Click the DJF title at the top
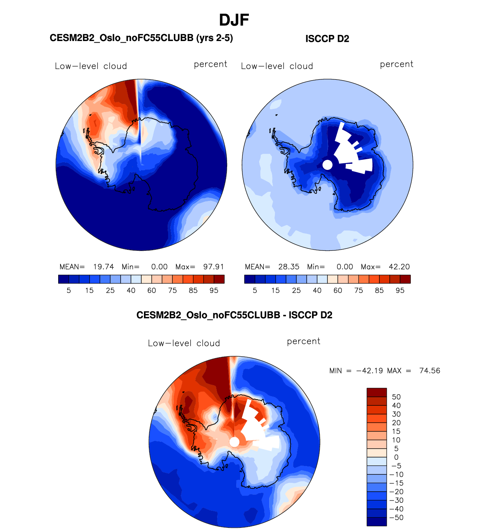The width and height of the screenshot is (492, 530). point(234,20)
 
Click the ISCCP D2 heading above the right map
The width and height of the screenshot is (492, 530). point(327,39)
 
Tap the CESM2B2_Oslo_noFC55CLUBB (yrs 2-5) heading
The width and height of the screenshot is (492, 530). point(141,38)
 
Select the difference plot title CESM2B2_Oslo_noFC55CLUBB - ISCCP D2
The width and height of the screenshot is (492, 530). point(234,315)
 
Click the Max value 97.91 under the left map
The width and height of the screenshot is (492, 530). point(214,267)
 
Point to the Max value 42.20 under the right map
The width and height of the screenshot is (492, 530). point(399,267)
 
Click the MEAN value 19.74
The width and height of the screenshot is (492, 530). point(103,267)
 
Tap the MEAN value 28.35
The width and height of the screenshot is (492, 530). point(289,267)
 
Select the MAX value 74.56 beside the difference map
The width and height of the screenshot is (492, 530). point(430,371)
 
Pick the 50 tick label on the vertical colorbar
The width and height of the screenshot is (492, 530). point(396,397)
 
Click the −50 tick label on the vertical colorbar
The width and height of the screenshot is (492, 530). point(396,517)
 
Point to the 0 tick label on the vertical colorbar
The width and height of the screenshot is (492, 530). point(396,457)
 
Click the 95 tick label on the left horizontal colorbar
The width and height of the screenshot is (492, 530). point(214,291)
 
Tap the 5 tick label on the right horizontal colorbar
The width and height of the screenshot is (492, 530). point(255,291)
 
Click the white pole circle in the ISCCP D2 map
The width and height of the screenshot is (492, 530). point(327,165)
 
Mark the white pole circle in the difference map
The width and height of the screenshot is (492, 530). point(234,442)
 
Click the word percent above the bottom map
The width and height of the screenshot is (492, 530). point(304,341)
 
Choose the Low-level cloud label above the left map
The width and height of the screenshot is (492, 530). point(91,66)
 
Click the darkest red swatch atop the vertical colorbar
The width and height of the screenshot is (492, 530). point(376,392)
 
